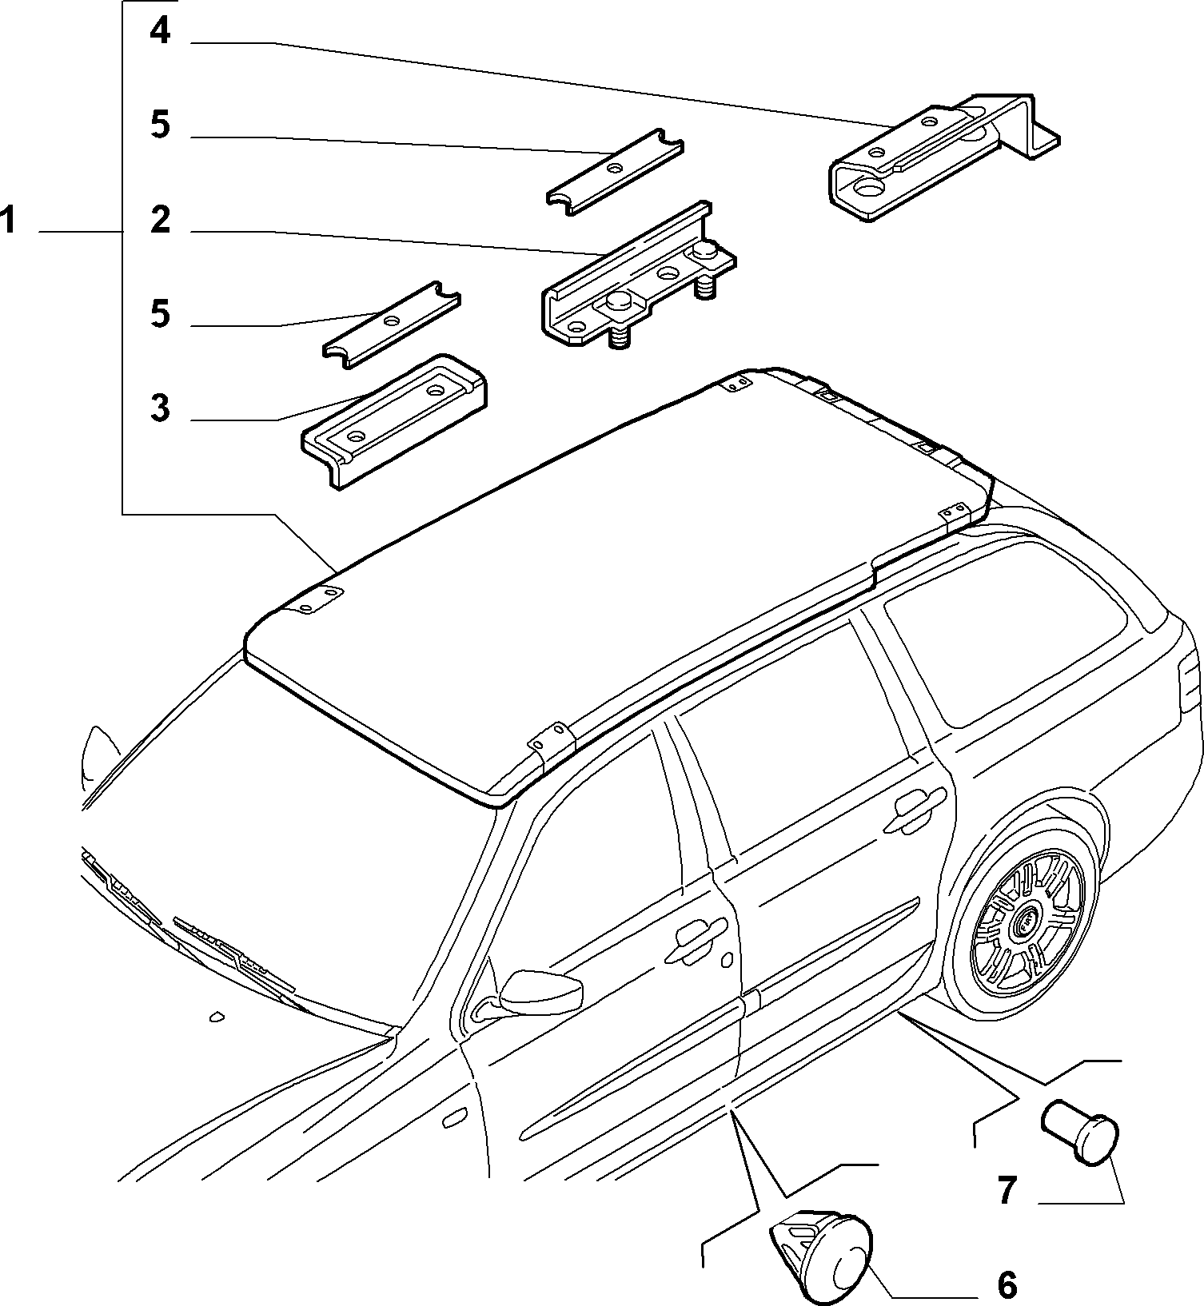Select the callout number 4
pos(160,31)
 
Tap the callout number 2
pos(161,220)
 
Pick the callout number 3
pos(161,408)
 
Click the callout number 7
pos(1007,1190)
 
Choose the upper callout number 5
pos(161,125)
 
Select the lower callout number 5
pos(161,313)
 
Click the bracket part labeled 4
pos(943,156)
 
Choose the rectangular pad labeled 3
pos(395,420)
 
